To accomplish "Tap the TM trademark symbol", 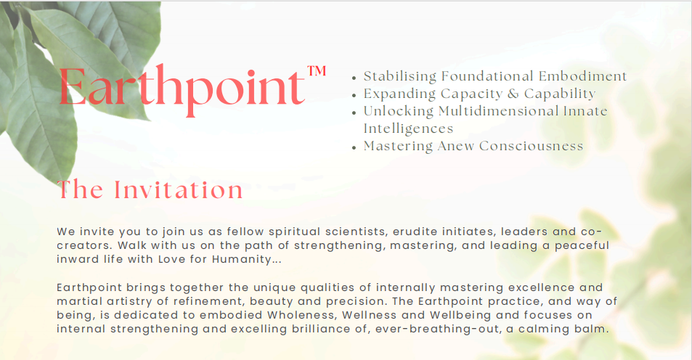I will [x=317, y=71].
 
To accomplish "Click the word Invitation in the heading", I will [x=179, y=189].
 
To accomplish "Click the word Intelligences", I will [x=408, y=128].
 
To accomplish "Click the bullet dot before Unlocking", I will [x=354, y=112].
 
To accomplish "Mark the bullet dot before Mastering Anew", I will [x=354, y=147].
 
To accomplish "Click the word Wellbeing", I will [x=437, y=316].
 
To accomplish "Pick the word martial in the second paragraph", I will [x=76, y=301].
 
